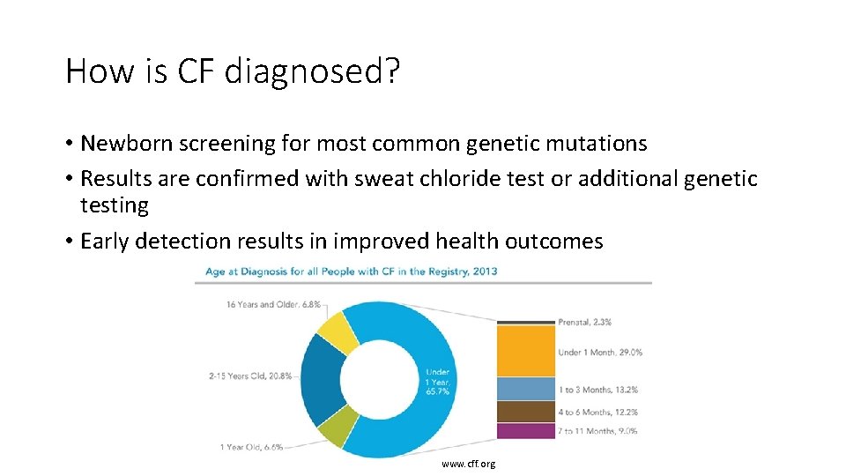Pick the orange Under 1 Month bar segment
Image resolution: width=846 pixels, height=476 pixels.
tap(525, 352)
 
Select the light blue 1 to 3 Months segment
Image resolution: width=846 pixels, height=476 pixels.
tap(525, 389)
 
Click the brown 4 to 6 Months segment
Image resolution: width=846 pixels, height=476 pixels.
tap(525, 412)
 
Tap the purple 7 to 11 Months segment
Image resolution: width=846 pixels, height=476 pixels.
tap(525, 431)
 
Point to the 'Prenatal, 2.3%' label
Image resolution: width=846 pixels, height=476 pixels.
tap(585, 323)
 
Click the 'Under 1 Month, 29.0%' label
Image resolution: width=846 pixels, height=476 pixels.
tap(600, 353)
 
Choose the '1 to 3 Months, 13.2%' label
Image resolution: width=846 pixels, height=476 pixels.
tap(597, 390)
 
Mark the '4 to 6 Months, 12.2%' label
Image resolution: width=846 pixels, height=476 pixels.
tap(597, 412)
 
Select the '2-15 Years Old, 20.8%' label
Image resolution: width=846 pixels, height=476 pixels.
tap(250, 376)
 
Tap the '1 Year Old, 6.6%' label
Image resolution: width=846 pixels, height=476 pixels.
tap(251, 447)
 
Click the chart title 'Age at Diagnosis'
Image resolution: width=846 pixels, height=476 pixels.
tap(351, 271)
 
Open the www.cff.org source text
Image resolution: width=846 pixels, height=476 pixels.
tap(469, 464)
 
